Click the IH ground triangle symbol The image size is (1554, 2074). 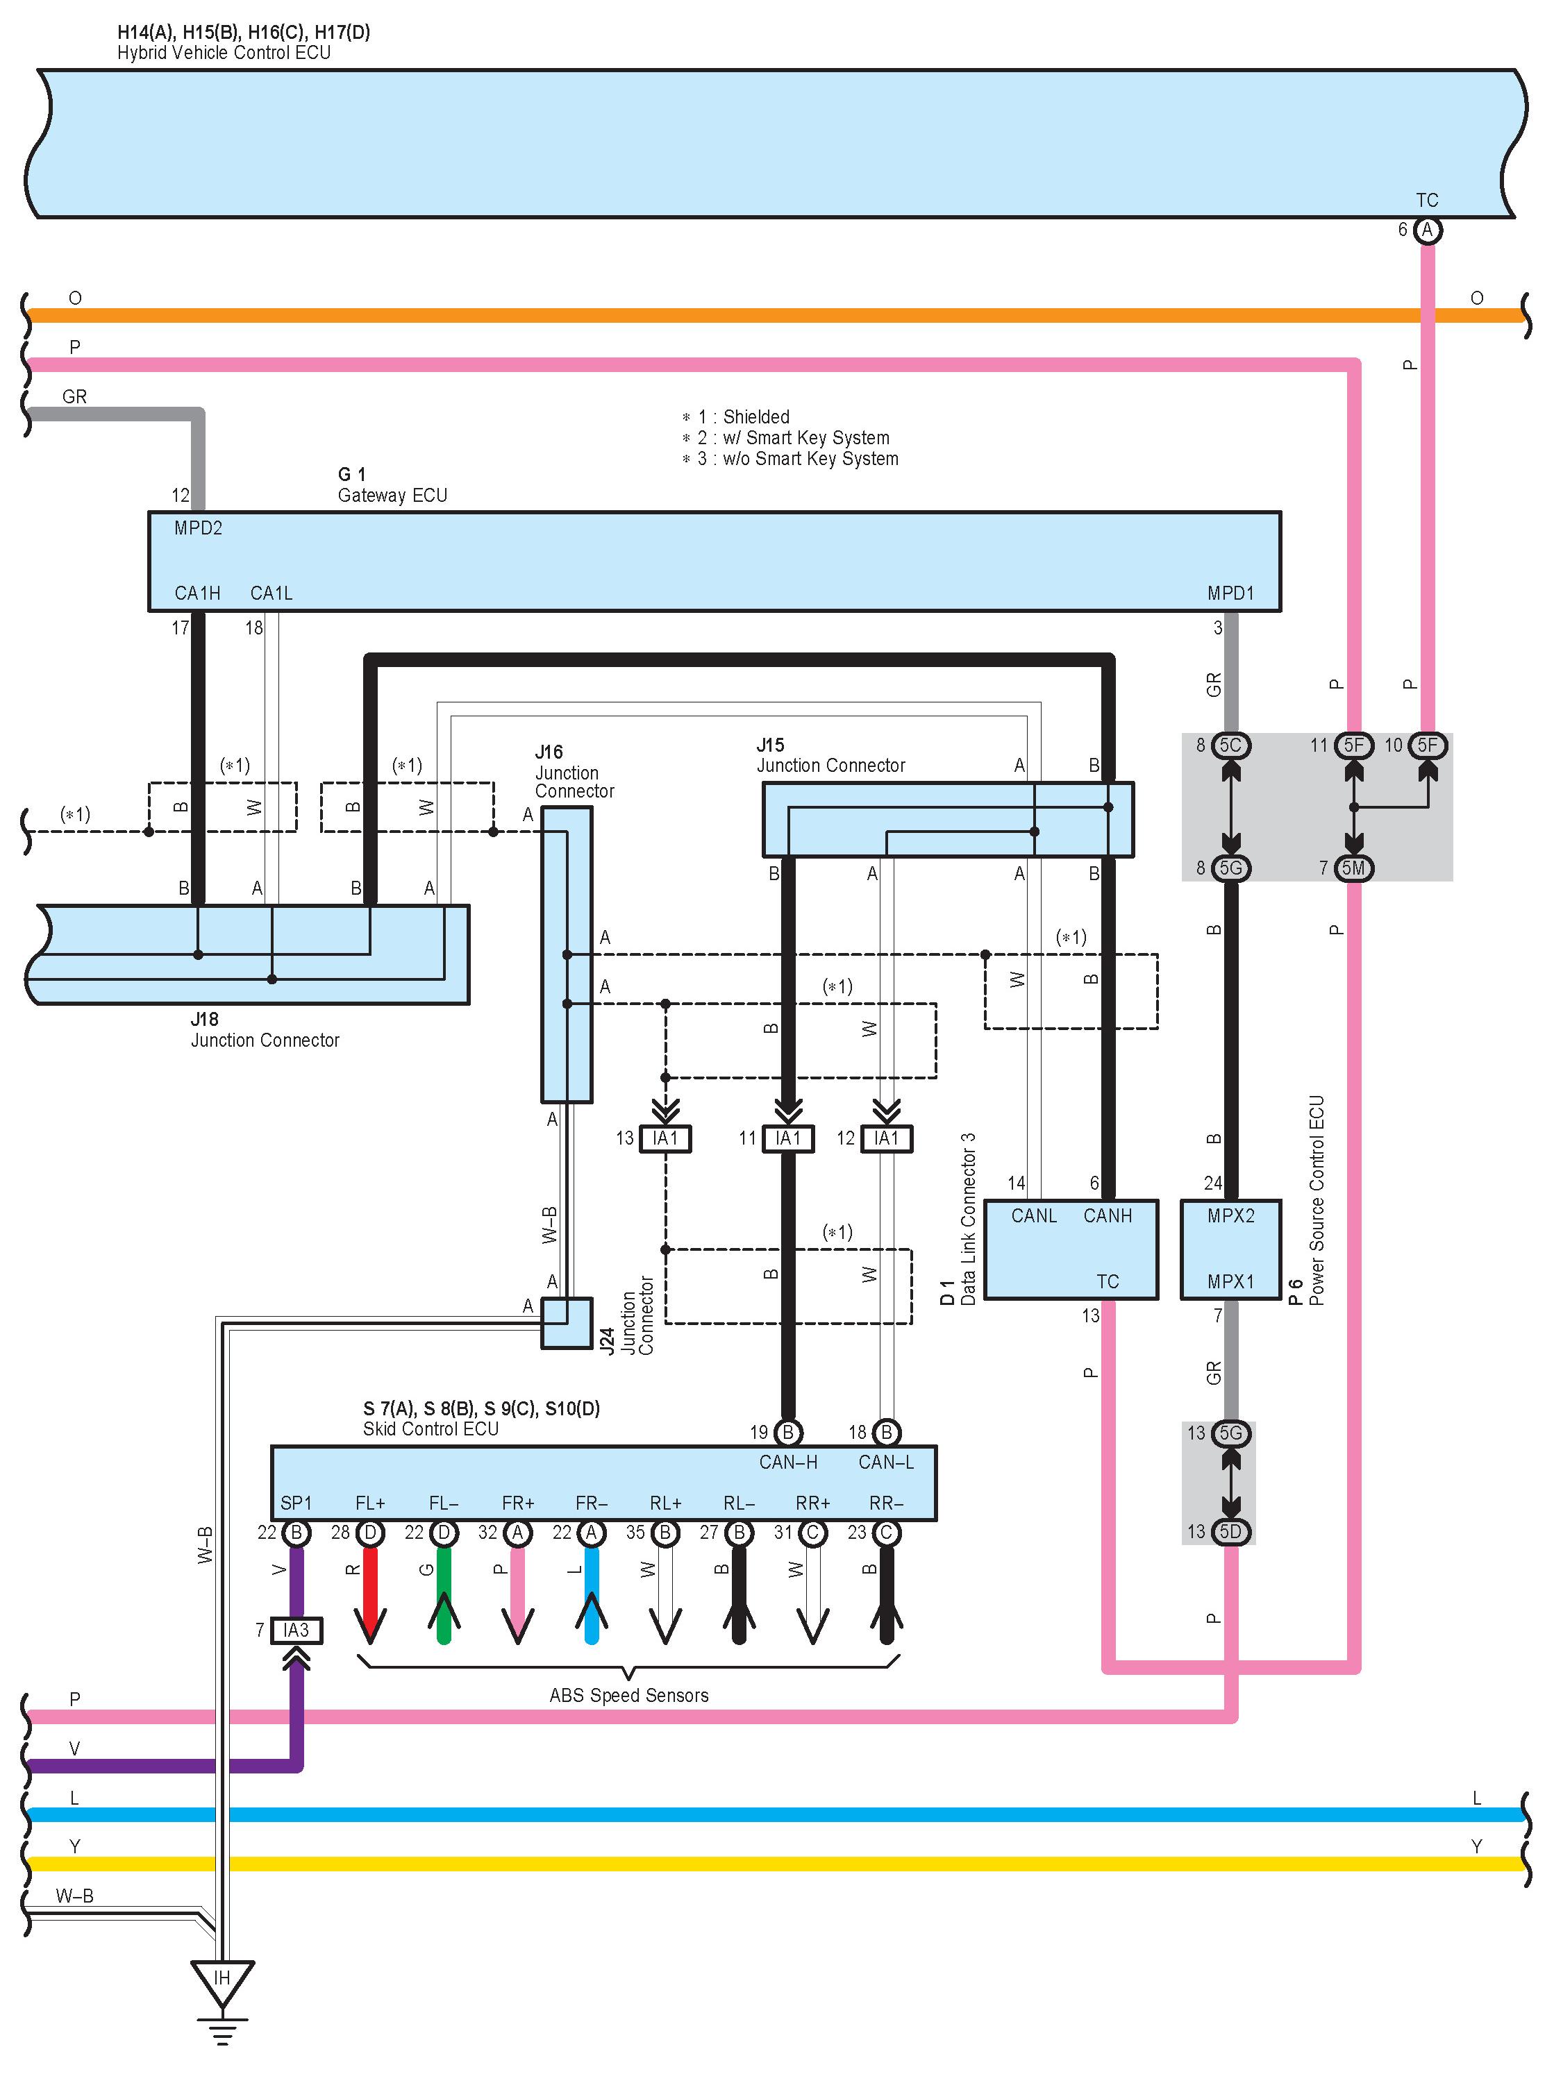(222, 1980)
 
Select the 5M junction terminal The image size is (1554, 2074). (1353, 868)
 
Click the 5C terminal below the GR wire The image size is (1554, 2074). (1230, 745)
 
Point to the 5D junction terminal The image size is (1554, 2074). (1230, 1531)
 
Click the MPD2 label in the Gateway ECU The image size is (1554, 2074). (198, 528)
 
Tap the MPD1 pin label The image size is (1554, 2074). (1230, 593)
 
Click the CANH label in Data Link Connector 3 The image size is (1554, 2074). (1107, 1216)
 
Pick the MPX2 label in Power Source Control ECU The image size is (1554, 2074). (1230, 1216)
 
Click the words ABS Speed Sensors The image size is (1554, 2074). (628, 1695)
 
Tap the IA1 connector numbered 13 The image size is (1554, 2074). (665, 1138)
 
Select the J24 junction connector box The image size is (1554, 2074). (567, 1323)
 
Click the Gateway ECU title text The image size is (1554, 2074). (392, 495)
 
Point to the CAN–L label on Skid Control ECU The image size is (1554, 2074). (885, 1462)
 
